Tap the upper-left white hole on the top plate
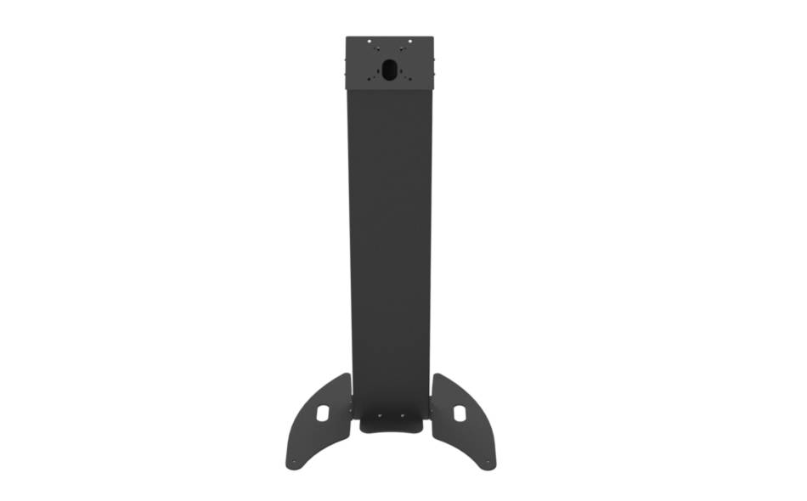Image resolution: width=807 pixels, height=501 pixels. click(370, 42)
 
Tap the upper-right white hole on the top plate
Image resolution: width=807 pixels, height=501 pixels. click(410, 42)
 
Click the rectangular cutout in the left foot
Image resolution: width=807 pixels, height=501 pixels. click(324, 413)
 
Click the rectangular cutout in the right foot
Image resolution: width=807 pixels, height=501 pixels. click(459, 413)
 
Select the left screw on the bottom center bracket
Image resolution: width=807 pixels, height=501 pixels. click(379, 416)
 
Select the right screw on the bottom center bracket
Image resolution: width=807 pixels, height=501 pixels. click(403, 416)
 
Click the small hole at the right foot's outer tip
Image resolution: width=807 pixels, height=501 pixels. click(488, 463)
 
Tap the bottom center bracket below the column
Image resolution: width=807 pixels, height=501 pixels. click(391, 422)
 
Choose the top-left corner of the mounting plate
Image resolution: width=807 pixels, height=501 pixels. click(347, 37)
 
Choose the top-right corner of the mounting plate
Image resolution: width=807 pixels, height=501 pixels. click(433, 37)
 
